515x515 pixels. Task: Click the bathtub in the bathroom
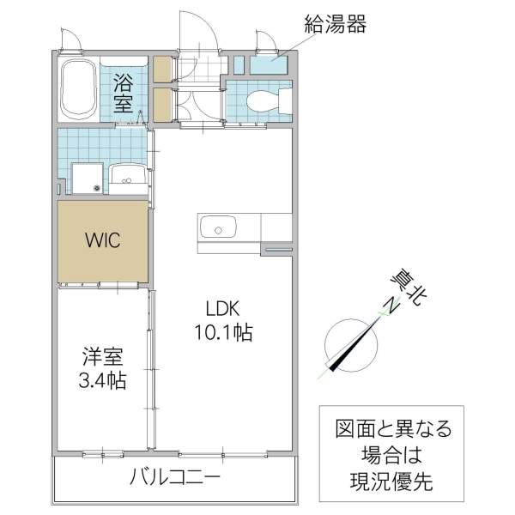(80, 90)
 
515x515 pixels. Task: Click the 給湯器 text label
(335, 24)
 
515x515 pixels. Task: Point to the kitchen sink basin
(217, 228)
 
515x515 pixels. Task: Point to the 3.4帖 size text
(102, 380)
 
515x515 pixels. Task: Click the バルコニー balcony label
(175, 476)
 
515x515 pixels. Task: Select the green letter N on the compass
(389, 307)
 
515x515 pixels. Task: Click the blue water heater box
(275, 63)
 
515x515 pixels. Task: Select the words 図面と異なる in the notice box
(391, 428)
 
